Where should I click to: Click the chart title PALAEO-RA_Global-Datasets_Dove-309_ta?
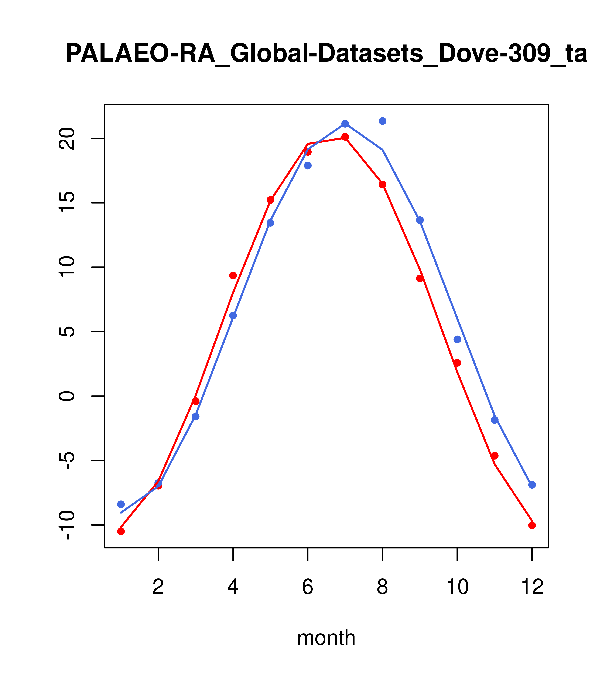click(326, 54)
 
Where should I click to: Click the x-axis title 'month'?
click(326, 638)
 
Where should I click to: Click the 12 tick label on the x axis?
click(532, 587)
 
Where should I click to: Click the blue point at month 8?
click(382, 121)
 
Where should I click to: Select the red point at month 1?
click(121, 531)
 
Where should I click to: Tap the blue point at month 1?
click(121, 504)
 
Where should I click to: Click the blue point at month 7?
click(345, 124)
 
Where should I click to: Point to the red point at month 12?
click(532, 526)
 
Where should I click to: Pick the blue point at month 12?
click(532, 485)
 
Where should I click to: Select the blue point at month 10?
click(457, 339)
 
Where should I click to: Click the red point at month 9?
click(420, 278)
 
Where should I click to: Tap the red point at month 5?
click(270, 200)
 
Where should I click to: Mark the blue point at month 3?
click(196, 417)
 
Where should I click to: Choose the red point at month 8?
click(382, 184)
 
